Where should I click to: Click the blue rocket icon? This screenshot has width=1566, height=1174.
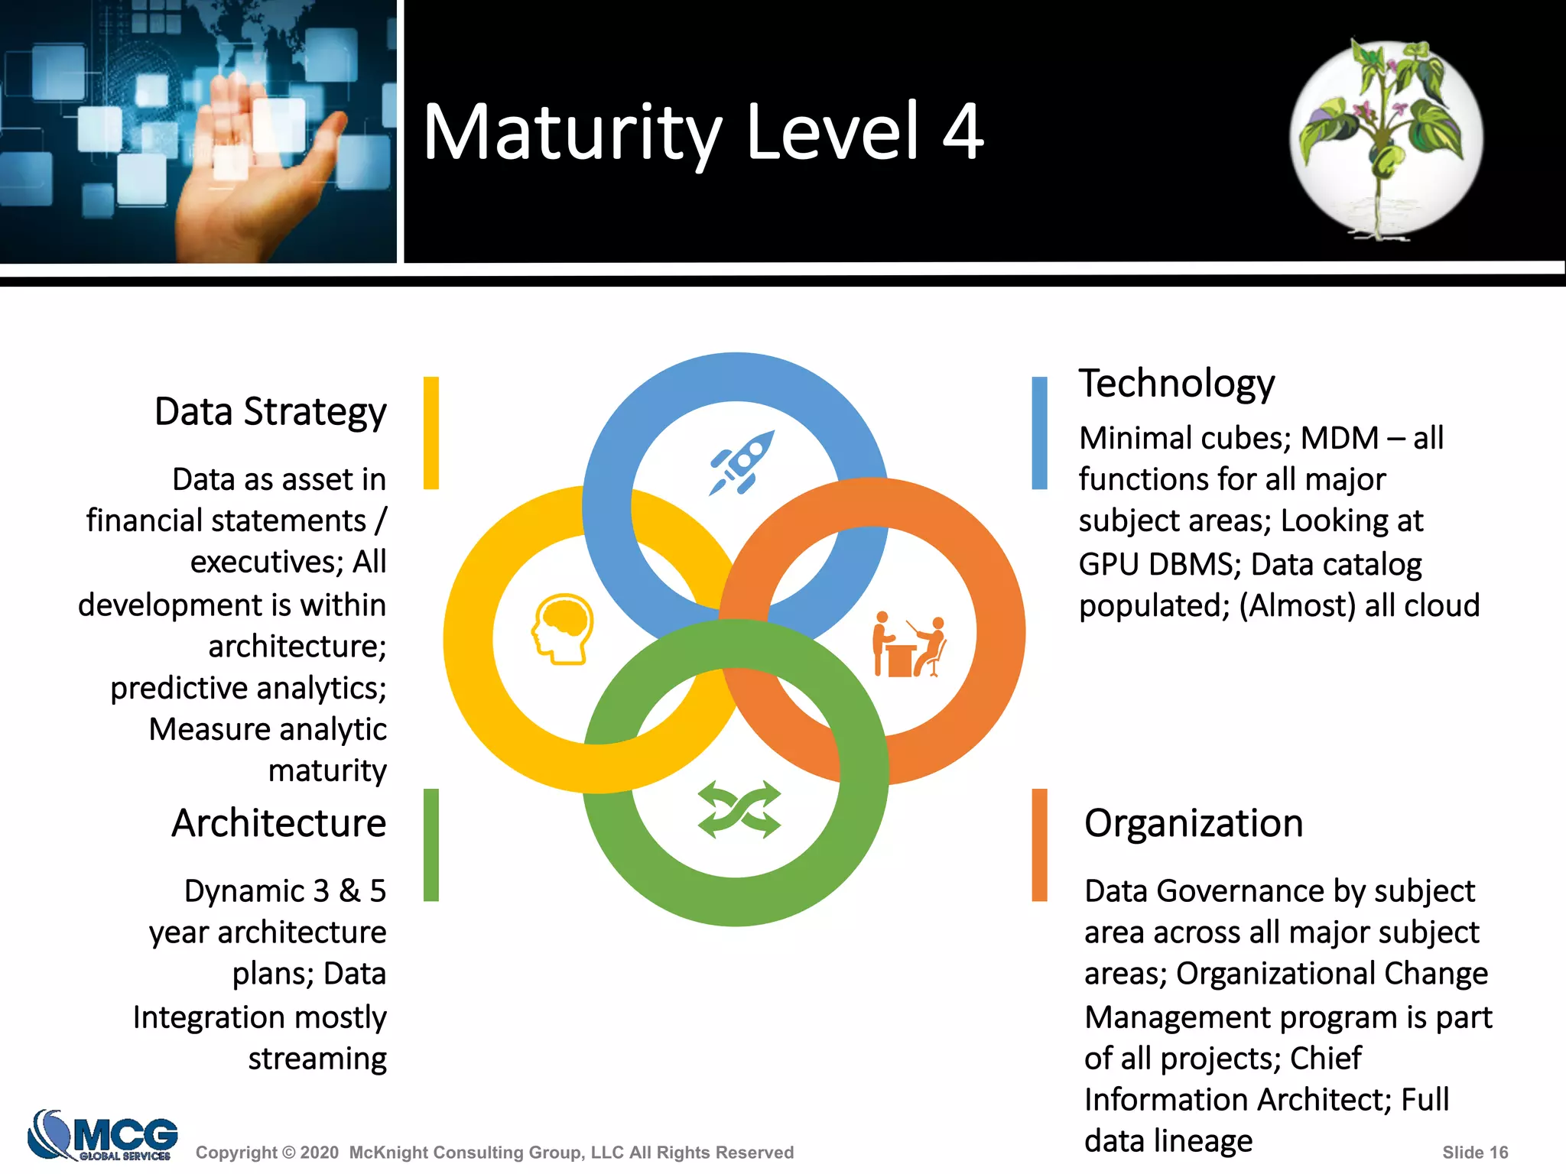(741, 463)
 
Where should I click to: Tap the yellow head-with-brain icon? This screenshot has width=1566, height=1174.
(563, 629)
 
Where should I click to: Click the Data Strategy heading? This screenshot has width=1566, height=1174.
(270, 412)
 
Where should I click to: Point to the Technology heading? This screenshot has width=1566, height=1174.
(1176, 383)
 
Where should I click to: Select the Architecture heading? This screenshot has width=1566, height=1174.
(278, 823)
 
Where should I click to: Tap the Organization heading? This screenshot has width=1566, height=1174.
(1193, 823)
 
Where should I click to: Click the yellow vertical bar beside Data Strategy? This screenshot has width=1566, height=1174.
(431, 433)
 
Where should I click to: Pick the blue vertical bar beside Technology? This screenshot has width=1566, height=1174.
(1039, 433)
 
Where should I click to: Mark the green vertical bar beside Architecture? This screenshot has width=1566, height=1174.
(431, 845)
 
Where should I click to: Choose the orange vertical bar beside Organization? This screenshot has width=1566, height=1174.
(1039, 845)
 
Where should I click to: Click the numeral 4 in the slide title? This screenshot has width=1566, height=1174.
(962, 132)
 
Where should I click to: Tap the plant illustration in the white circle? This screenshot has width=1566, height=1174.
(1386, 138)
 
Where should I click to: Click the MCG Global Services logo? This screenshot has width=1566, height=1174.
(103, 1135)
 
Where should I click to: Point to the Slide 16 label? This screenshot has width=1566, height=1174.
(1474, 1153)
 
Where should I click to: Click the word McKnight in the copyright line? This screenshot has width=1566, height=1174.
(388, 1153)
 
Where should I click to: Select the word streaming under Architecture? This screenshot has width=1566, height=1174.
(317, 1059)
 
